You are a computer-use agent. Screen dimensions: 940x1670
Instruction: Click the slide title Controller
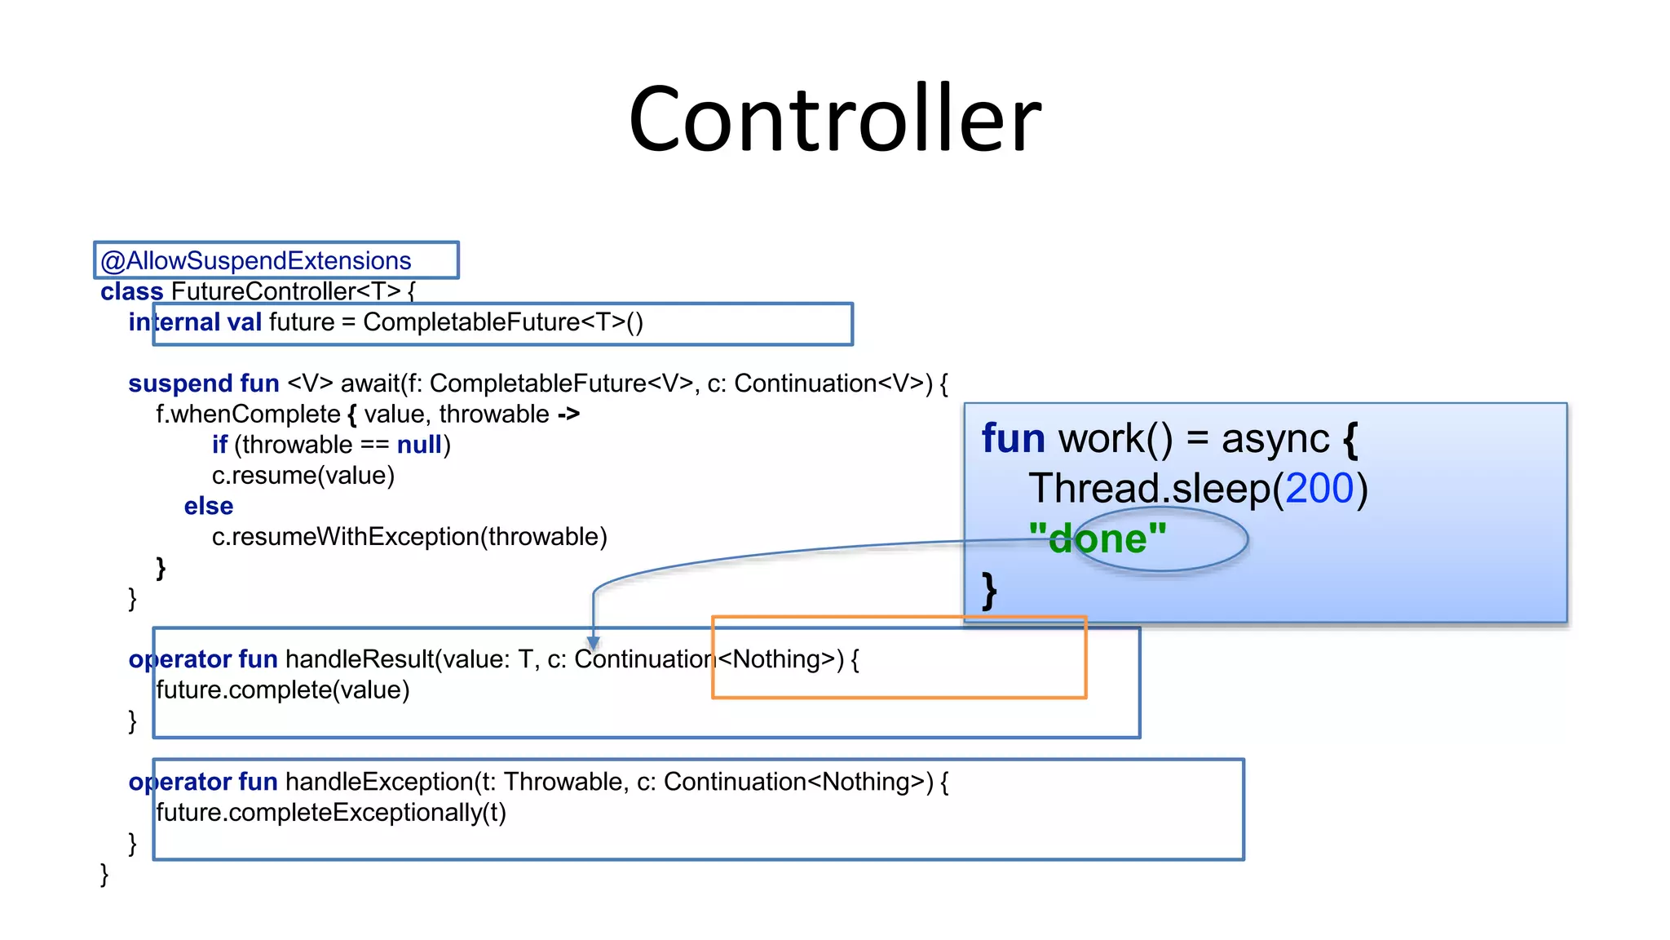click(834, 119)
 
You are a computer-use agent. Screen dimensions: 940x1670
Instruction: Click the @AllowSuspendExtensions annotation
click(256, 261)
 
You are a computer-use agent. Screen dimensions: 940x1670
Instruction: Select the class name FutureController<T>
click(285, 291)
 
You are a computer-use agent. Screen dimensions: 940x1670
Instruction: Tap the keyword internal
click(174, 322)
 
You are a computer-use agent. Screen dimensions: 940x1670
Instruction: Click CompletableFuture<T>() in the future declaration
click(502, 322)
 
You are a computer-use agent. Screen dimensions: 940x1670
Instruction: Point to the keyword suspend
click(179, 384)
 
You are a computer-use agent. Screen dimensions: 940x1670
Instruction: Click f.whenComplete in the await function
click(248, 415)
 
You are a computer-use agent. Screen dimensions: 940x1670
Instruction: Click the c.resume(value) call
click(303, 476)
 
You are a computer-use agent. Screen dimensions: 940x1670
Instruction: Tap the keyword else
click(209, 506)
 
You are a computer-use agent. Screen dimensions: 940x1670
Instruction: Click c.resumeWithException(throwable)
click(409, 537)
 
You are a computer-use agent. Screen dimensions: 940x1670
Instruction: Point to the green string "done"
click(1098, 539)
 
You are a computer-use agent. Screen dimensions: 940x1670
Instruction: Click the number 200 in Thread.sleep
click(1319, 489)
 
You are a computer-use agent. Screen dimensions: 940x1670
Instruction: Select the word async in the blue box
click(1275, 439)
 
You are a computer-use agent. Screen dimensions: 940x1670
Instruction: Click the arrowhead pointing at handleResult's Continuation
click(594, 644)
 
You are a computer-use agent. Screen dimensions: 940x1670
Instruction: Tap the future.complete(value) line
click(282, 690)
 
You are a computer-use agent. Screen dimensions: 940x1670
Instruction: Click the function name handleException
click(379, 782)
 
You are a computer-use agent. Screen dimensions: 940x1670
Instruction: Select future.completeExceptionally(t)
click(330, 813)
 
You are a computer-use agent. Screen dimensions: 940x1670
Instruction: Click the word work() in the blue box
click(1115, 439)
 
